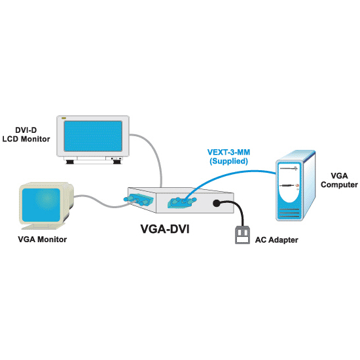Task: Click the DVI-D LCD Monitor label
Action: click(26, 135)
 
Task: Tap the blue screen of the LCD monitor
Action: click(93, 136)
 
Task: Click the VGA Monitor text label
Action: click(43, 240)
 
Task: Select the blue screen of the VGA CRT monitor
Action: click(41, 206)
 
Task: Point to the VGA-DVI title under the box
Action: click(165, 229)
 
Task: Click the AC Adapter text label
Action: click(277, 240)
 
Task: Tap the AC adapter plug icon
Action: click(242, 235)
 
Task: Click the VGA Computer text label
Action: click(339, 180)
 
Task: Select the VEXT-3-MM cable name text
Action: click(228, 153)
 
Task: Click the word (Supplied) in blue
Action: click(228, 161)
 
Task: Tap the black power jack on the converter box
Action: click(216, 203)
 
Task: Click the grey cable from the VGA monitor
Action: click(103, 202)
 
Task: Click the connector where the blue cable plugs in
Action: click(182, 202)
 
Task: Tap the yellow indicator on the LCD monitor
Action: click(63, 118)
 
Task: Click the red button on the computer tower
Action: click(298, 185)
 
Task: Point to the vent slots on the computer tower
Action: click(289, 213)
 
